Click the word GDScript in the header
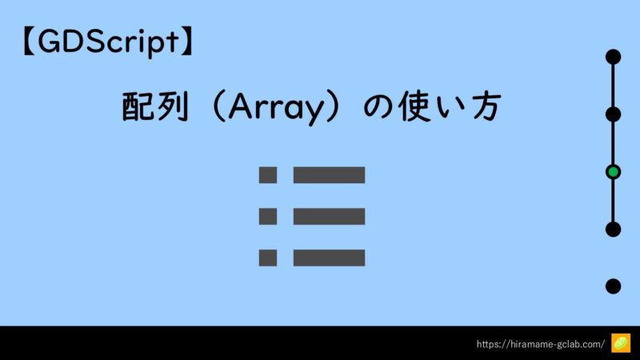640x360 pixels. (108, 42)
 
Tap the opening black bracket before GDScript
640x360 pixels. (28, 42)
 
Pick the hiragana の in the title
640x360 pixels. (378, 107)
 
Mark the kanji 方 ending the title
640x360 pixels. (486, 106)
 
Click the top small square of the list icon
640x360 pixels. (268, 175)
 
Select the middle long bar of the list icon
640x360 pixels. (329, 216)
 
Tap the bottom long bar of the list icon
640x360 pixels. (329, 258)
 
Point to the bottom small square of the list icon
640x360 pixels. (268, 258)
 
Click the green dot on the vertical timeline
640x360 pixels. (613, 172)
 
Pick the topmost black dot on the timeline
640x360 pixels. (613, 57)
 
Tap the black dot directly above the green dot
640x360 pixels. (613, 114)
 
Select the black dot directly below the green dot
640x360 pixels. (613, 230)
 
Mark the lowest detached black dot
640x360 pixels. (613, 286)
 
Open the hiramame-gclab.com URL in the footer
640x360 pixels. (541, 344)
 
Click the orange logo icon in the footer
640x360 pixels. (621, 343)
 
